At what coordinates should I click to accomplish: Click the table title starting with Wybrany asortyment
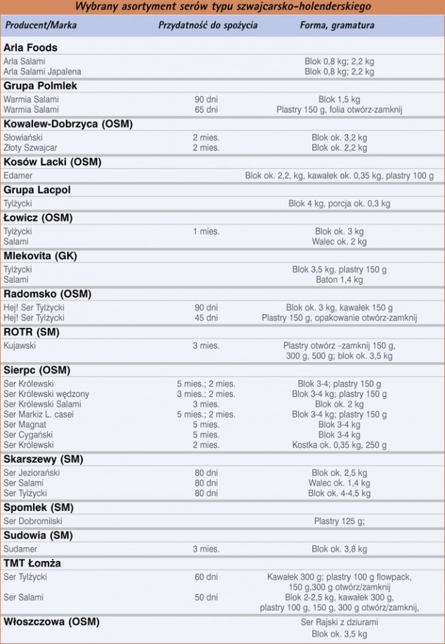pos(222,7)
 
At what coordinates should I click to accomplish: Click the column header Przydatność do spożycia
pos(208,26)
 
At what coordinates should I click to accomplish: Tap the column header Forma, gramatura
pos(336,26)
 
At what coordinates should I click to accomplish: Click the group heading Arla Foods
pos(30,47)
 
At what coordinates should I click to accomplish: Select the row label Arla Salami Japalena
pos(42,72)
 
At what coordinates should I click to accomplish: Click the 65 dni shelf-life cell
pos(206,109)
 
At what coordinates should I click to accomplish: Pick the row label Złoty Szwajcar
pos(31,147)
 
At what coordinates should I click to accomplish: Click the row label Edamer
pos(18,175)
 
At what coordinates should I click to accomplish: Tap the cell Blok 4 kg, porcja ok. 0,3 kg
pos(339,204)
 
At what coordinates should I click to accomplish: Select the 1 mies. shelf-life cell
pos(206,232)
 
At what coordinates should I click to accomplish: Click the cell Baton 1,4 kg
pos(339,280)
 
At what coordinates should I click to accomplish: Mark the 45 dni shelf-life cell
pos(206,318)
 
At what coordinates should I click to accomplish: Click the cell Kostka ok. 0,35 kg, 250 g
pos(339,444)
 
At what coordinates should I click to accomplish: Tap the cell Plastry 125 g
pos(339,521)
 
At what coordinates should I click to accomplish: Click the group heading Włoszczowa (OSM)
pos(51,622)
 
